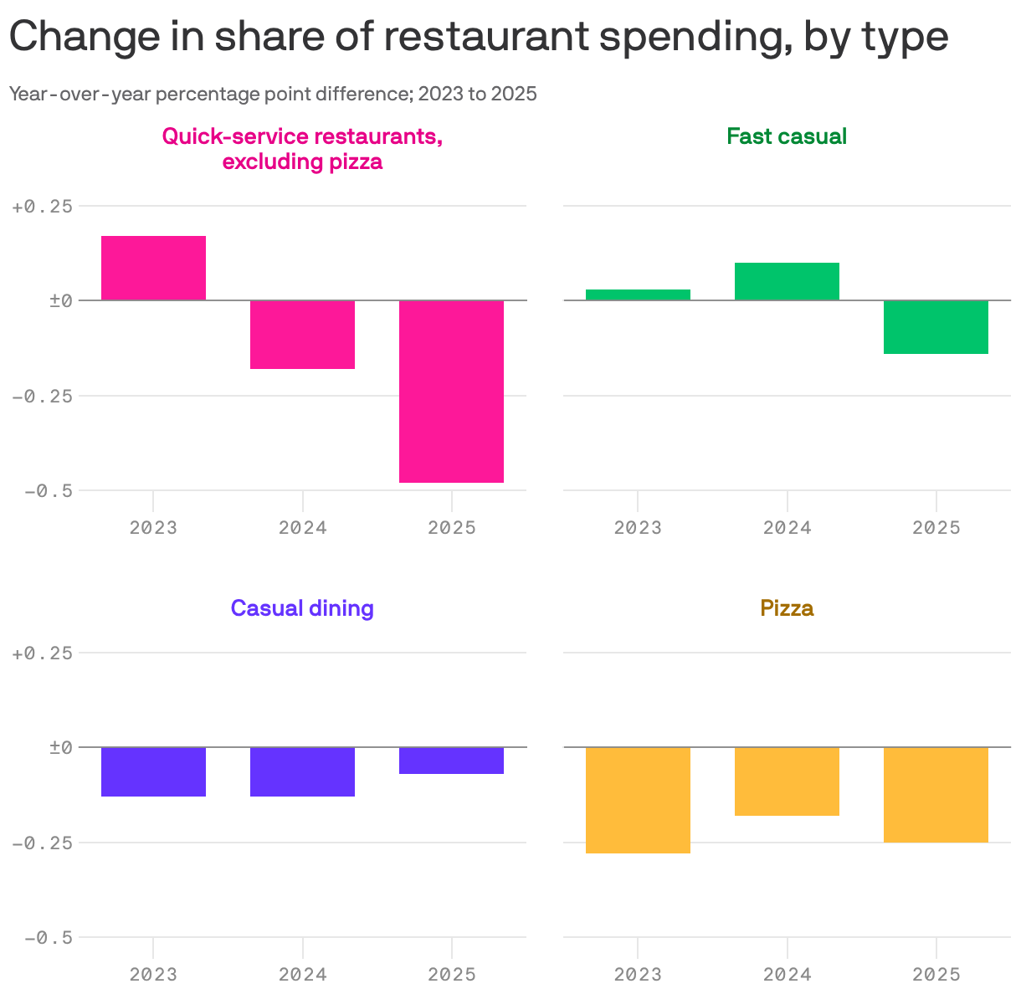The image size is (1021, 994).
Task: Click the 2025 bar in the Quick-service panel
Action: (451, 392)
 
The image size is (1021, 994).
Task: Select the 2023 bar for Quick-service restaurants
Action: (153, 268)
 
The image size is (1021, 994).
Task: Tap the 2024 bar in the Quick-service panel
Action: (302, 335)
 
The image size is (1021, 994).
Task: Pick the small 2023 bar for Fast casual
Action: (638, 295)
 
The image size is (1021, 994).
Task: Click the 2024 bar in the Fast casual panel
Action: (787, 281)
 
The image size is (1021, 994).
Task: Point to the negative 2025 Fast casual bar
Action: (936, 327)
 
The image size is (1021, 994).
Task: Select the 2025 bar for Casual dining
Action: (451, 761)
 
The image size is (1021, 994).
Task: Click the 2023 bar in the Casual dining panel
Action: (153, 771)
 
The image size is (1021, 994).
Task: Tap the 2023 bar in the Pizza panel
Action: (638, 800)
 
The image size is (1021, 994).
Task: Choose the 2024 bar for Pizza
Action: (787, 781)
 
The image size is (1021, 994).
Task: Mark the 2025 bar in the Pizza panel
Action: (936, 795)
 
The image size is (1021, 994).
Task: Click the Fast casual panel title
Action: (787, 136)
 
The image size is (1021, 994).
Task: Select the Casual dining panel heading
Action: (302, 608)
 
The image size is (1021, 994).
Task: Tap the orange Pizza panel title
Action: (787, 608)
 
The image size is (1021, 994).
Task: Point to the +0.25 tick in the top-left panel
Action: (42, 206)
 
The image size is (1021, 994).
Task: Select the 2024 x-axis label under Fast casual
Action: (787, 528)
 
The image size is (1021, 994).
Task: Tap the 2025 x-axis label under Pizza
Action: (936, 975)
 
